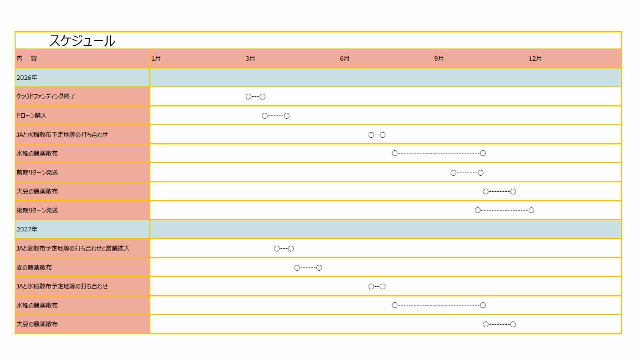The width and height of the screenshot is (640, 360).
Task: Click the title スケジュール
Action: coord(82,41)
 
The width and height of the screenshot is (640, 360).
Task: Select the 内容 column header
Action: coord(27,58)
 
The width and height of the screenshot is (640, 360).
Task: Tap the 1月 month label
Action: coord(156,59)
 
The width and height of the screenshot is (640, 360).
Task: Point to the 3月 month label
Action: coord(250,59)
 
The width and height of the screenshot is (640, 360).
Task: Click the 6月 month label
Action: coord(345,59)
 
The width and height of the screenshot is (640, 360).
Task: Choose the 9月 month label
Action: coord(439,59)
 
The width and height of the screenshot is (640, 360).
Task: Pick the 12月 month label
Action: coord(535,59)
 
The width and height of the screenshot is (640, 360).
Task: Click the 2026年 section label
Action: coord(27,78)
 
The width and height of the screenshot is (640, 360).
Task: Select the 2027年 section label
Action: coord(27,229)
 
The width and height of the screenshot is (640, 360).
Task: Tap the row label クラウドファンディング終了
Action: coord(46,96)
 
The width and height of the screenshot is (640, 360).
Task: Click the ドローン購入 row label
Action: coord(31,115)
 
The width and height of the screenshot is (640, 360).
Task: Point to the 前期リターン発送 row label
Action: coord(37,172)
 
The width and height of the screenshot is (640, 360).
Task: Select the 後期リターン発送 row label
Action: coord(37,210)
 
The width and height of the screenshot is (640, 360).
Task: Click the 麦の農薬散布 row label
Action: coord(34,267)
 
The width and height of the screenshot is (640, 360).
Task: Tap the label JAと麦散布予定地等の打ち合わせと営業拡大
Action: coord(73,248)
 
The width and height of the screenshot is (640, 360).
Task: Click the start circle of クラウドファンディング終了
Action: coord(248,97)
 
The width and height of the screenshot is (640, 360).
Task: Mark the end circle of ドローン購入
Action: coord(287,116)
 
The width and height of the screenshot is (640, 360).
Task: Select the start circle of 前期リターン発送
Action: coord(453,173)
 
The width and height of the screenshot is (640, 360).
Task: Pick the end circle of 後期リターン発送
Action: coord(531,210)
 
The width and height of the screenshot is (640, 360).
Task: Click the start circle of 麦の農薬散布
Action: coord(297,268)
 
